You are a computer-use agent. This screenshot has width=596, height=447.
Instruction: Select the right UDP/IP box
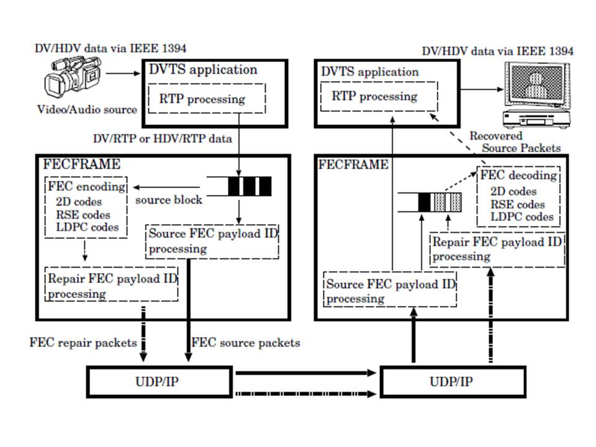(x=449, y=381)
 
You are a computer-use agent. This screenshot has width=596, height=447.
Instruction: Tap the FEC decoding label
(x=519, y=176)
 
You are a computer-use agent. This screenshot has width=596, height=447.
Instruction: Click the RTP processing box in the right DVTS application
(x=378, y=96)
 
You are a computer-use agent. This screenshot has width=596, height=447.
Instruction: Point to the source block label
(x=168, y=201)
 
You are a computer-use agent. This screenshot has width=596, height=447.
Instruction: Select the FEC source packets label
(x=246, y=342)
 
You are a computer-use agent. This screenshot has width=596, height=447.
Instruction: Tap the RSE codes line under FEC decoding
(x=518, y=204)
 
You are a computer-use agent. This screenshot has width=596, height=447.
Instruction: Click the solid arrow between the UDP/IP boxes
(x=307, y=372)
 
